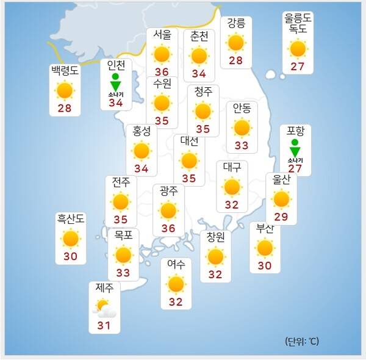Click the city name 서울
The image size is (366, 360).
[x=162, y=35]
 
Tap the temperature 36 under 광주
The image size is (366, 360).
[x=168, y=229]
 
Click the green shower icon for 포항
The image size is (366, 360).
[x=295, y=148]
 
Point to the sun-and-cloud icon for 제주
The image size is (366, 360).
[x=102, y=306]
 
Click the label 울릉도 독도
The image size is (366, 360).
[x=298, y=23]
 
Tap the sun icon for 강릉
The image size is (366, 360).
[x=235, y=43]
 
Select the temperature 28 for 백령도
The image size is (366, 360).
[x=65, y=109]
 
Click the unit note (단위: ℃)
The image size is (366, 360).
[x=301, y=341]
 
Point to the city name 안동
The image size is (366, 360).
[x=242, y=108]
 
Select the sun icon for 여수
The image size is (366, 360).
[x=176, y=283]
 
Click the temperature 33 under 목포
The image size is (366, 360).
[x=123, y=273]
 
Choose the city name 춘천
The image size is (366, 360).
[x=199, y=36]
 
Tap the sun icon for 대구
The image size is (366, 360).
[x=232, y=187]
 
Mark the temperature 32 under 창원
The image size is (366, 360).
[x=215, y=274]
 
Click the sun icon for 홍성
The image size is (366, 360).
[x=142, y=150]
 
